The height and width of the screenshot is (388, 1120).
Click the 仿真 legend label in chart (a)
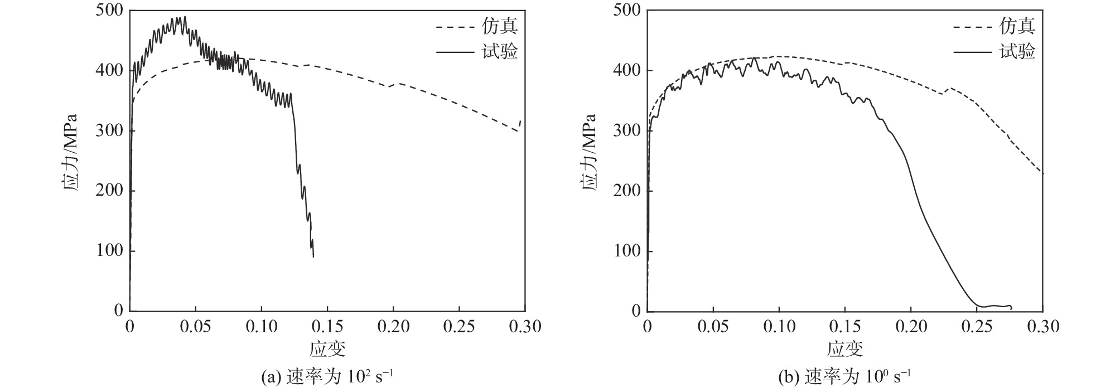[x=500, y=26]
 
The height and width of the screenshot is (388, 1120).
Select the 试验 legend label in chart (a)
[x=500, y=51]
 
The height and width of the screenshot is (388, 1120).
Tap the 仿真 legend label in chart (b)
[x=1017, y=26]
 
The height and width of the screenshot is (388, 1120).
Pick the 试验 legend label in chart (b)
[x=1017, y=51]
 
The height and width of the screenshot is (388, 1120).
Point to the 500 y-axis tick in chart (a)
[x=110, y=11]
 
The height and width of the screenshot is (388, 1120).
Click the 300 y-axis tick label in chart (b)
[x=627, y=131]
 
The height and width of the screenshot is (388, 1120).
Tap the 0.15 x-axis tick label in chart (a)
[x=327, y=327]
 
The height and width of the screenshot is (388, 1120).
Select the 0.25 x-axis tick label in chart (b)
[x=977, y=327]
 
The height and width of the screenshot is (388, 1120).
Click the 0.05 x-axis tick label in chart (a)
[x=196, y=327]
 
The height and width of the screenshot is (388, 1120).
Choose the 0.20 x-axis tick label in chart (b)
[x=911, y=327]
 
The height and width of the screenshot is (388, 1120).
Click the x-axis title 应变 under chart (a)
[x=327, y=350]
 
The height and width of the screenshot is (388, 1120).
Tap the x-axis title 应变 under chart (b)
[x=845, y=350]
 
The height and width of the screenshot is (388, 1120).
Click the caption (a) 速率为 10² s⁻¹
[x=327, y=377]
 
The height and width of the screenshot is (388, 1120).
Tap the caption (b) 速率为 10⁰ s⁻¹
[x=845, y=377]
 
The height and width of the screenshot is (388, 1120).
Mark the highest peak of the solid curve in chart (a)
[x=185, y=17]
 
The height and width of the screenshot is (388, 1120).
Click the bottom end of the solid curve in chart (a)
[x=313, y=256]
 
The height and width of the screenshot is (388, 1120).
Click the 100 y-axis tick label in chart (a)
[x=110, y=251]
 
